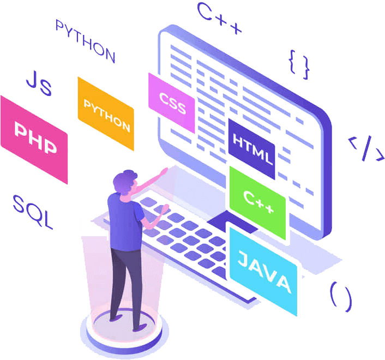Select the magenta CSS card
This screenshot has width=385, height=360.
tap(172, 102)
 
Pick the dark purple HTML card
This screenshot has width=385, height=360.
tap(252, 149)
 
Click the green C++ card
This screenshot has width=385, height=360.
tap(257, 202)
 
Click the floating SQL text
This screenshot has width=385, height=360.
tap(33, 212)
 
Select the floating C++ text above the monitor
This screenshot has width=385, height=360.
tap(219, 19)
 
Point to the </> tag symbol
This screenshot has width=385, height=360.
tap(365, 149)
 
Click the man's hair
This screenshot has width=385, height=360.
tap(125, 177)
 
